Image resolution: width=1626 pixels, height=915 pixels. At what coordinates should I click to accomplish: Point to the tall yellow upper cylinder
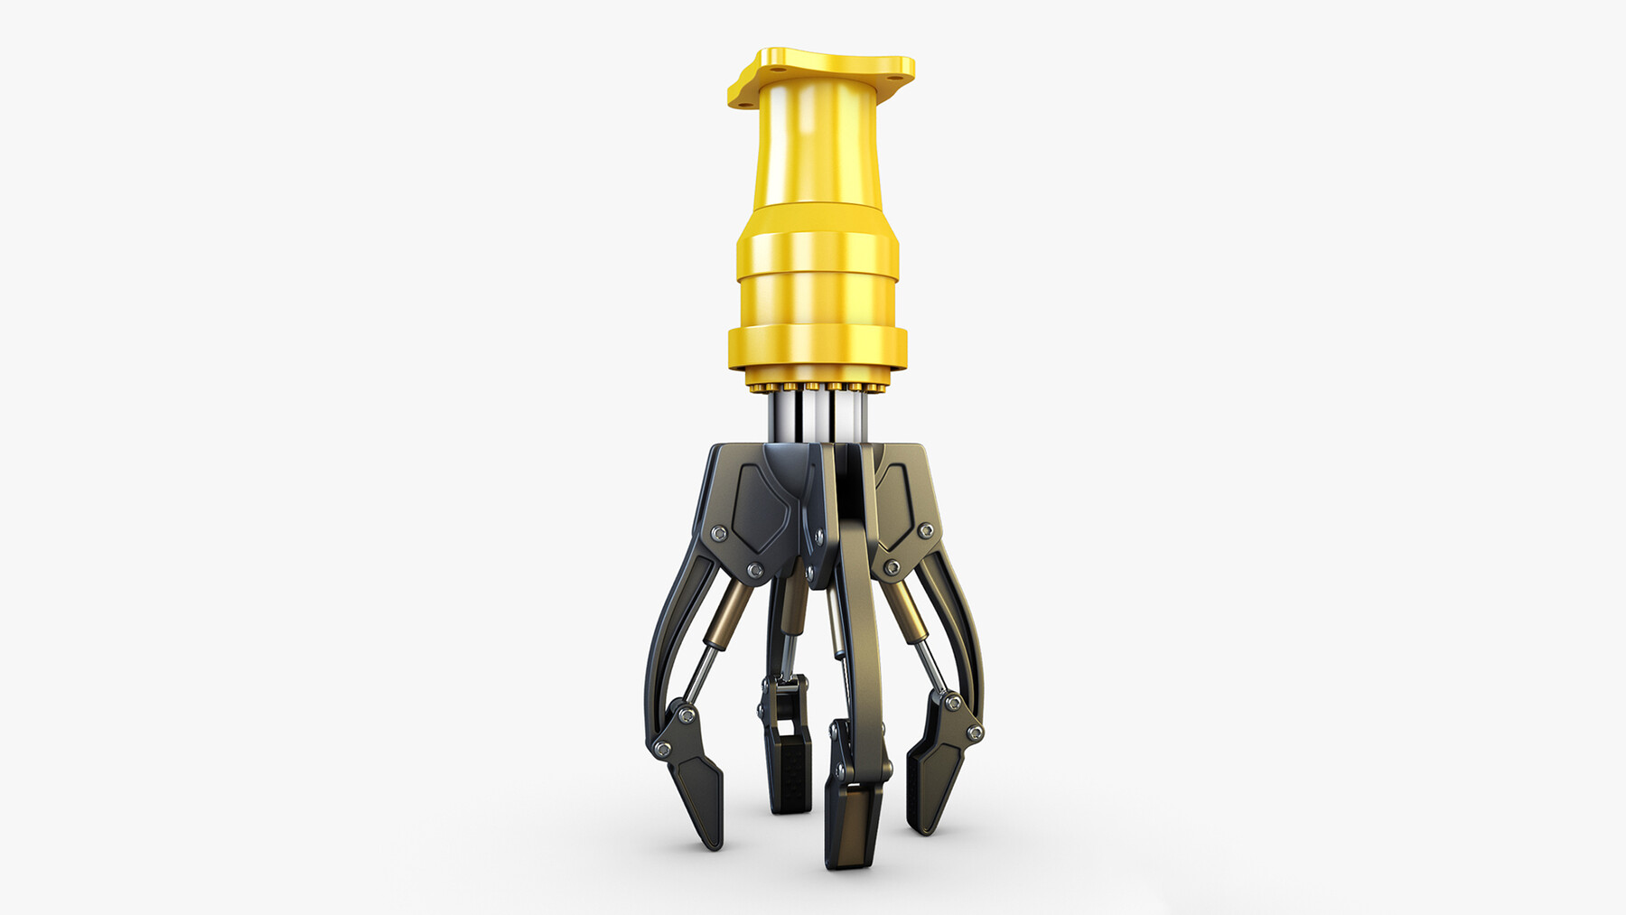pos(818,145)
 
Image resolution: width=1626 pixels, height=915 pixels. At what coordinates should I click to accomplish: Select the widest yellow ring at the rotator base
pos(818,348)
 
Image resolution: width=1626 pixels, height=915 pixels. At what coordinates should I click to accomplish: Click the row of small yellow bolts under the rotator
pos(818,387)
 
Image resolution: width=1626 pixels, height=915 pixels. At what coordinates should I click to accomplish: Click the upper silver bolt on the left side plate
pos(719,533)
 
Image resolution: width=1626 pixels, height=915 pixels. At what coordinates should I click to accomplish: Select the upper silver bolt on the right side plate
pos(925,531)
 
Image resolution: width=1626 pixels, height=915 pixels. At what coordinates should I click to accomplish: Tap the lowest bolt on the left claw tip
pos(662,748)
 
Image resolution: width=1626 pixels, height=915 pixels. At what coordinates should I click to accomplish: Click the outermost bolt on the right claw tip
pos(975,732)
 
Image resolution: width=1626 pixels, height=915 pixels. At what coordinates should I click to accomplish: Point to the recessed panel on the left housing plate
pos(759,510)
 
